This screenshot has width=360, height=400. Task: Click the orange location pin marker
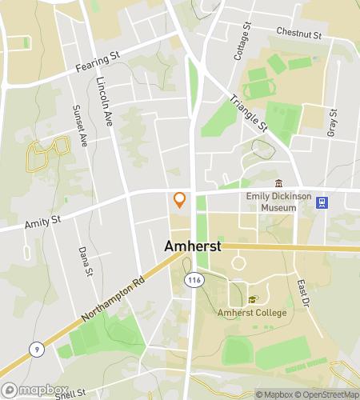click(180, 199)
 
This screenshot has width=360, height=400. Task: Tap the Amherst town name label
click(192, 247)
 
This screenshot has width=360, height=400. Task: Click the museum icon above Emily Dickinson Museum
click(278, 184)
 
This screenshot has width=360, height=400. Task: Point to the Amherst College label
click(252, 313)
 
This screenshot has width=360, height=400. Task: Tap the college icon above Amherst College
click(253, 299)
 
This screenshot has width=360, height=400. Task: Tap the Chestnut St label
click(298, 34)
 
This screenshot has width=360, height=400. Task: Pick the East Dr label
click(303, 293)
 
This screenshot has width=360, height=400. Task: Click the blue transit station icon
click(322, 202)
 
